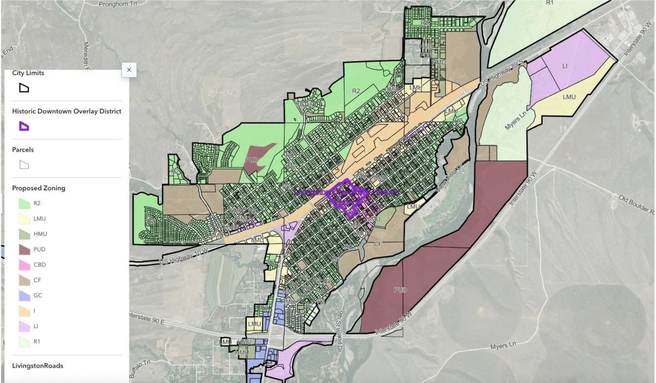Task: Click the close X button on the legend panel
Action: [x=129, y=70]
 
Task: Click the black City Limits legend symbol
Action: [x=24, y=88]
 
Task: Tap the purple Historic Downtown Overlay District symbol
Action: [x=24, y=126]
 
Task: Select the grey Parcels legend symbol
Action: [x=24, y=165]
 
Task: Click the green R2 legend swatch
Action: [x=24, y=204]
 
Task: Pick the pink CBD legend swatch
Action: [x=24, y=265]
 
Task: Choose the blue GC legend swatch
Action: [x=24, y=295]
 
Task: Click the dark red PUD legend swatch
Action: [x=24, y=249]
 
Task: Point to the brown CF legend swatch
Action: [x=24, y=280]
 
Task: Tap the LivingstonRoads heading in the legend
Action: [x=38, y=365]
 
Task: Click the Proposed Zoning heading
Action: [x=38, y=188]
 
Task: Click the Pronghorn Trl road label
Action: [x=118, y=4]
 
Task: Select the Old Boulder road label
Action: [x=636, y=205]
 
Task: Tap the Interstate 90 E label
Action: [x=147, y=318]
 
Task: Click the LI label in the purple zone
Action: [x=565, y=66]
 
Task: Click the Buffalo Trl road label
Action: [x=140, y=369]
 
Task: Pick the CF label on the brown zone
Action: [x=378, y=244]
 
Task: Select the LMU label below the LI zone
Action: [x=569, y=97]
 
